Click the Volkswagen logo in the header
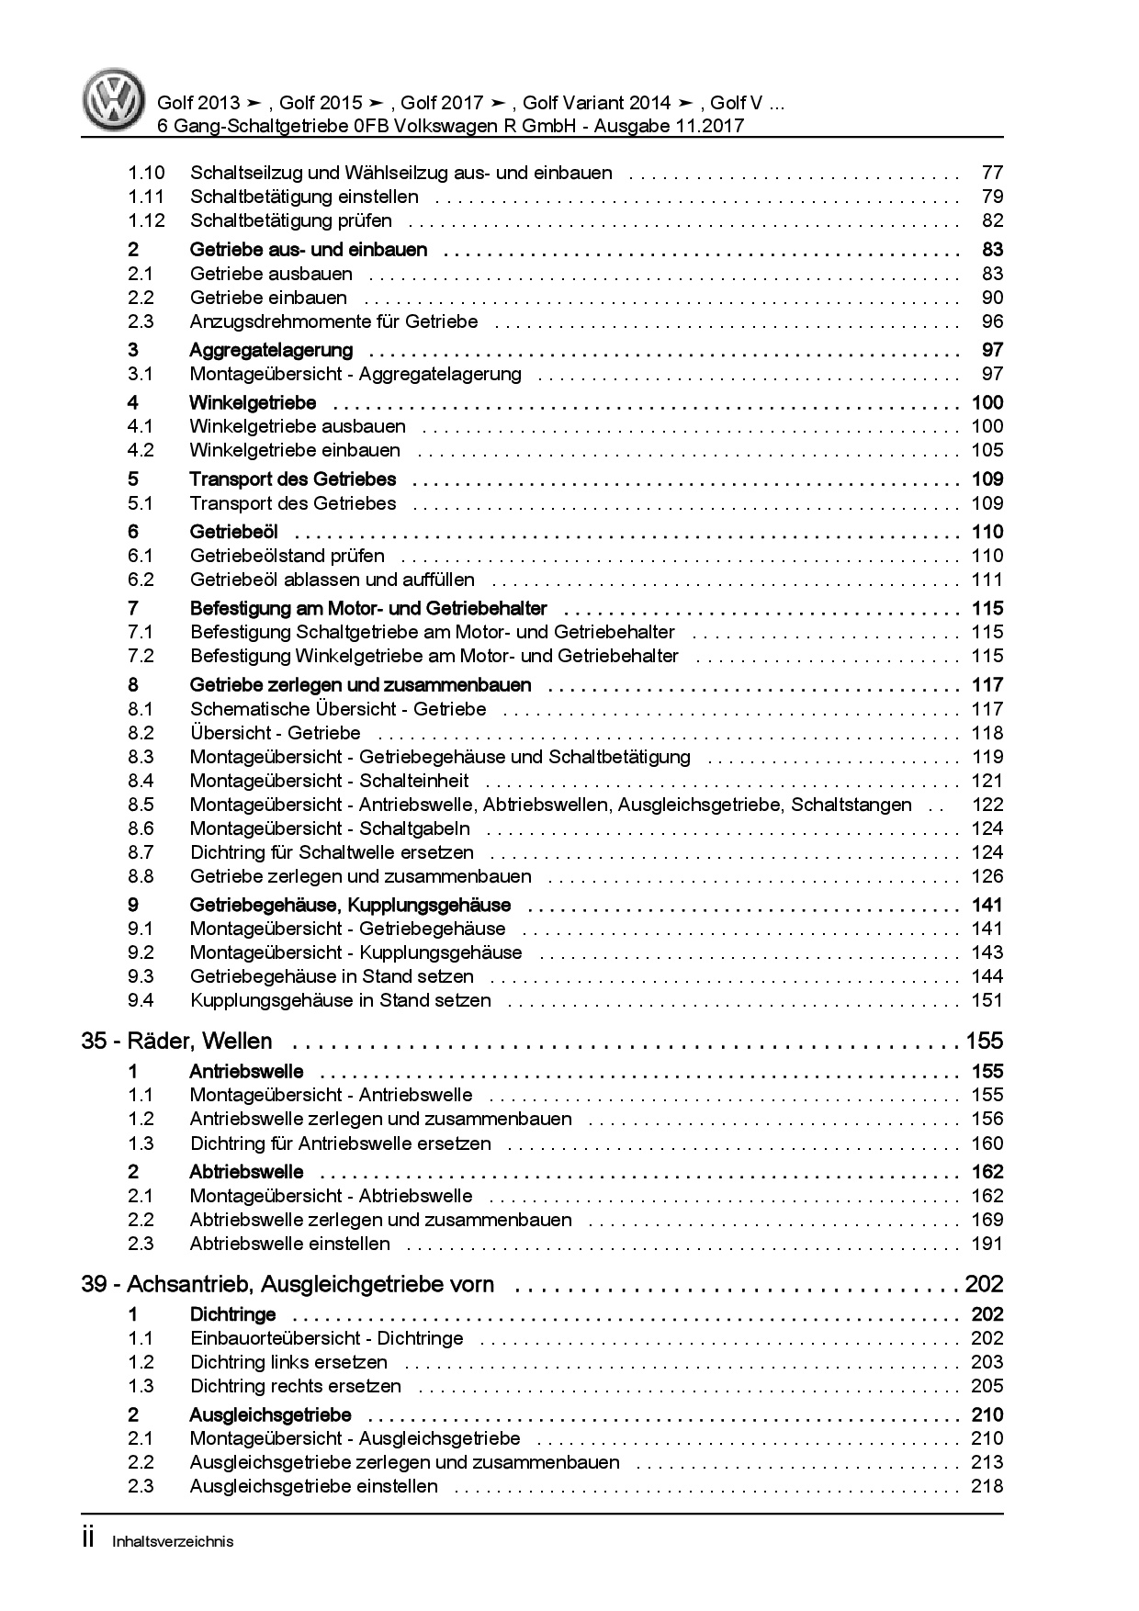(x=113, y=102)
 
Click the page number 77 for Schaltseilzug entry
(x=992, y=173)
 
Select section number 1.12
(x=146, y=220)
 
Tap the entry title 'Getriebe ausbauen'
(x=271, y=274)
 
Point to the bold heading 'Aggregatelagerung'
(x=271, y=350)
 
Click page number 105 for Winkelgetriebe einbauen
(x=987, y=450)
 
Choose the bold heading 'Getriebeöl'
(x=233, y=532)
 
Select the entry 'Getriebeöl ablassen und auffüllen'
(x=333, y=580)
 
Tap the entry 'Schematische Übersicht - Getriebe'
(x=338, y=709)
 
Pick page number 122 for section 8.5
(x=987, y=805)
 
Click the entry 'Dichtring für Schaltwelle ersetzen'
(x=332, y=852)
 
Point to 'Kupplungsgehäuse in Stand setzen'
(x=340, y=1000)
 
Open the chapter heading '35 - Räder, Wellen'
(x=177, y=1042)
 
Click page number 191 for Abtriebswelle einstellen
(x=987, y=1244)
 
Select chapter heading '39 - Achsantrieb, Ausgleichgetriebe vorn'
(x=288, y=1285)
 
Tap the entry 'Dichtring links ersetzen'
(x=288, y=1362)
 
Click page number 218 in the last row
(x=987, y=1486)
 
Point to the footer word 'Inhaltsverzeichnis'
(x=172, y=1541)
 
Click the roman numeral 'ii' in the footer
(x=89, y=1539)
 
